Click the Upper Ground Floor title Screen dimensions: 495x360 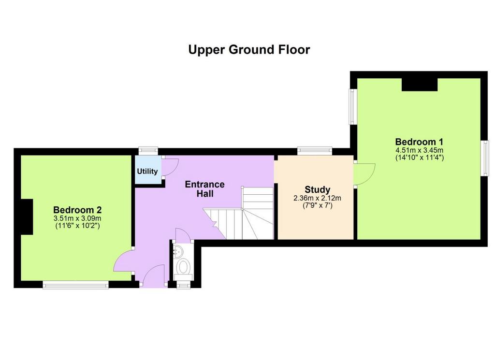coord(249,50)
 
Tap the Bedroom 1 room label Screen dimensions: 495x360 coord(419,142)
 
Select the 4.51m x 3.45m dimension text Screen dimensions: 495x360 coord(419,150)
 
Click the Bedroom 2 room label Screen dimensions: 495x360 coord(77,210)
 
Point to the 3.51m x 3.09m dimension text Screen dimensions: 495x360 coord(77,218)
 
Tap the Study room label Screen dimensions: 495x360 coord(317,189)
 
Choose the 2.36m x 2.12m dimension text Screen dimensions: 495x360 coord(317,198)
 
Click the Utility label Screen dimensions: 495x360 coord(147,172)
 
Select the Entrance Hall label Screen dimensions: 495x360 coord(204,188)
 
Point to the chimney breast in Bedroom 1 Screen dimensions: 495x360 coord(420,85)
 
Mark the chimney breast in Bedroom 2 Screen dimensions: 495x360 coord(27,217)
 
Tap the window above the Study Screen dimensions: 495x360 coord(314,151)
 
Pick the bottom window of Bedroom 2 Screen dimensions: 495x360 coord(76,285)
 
